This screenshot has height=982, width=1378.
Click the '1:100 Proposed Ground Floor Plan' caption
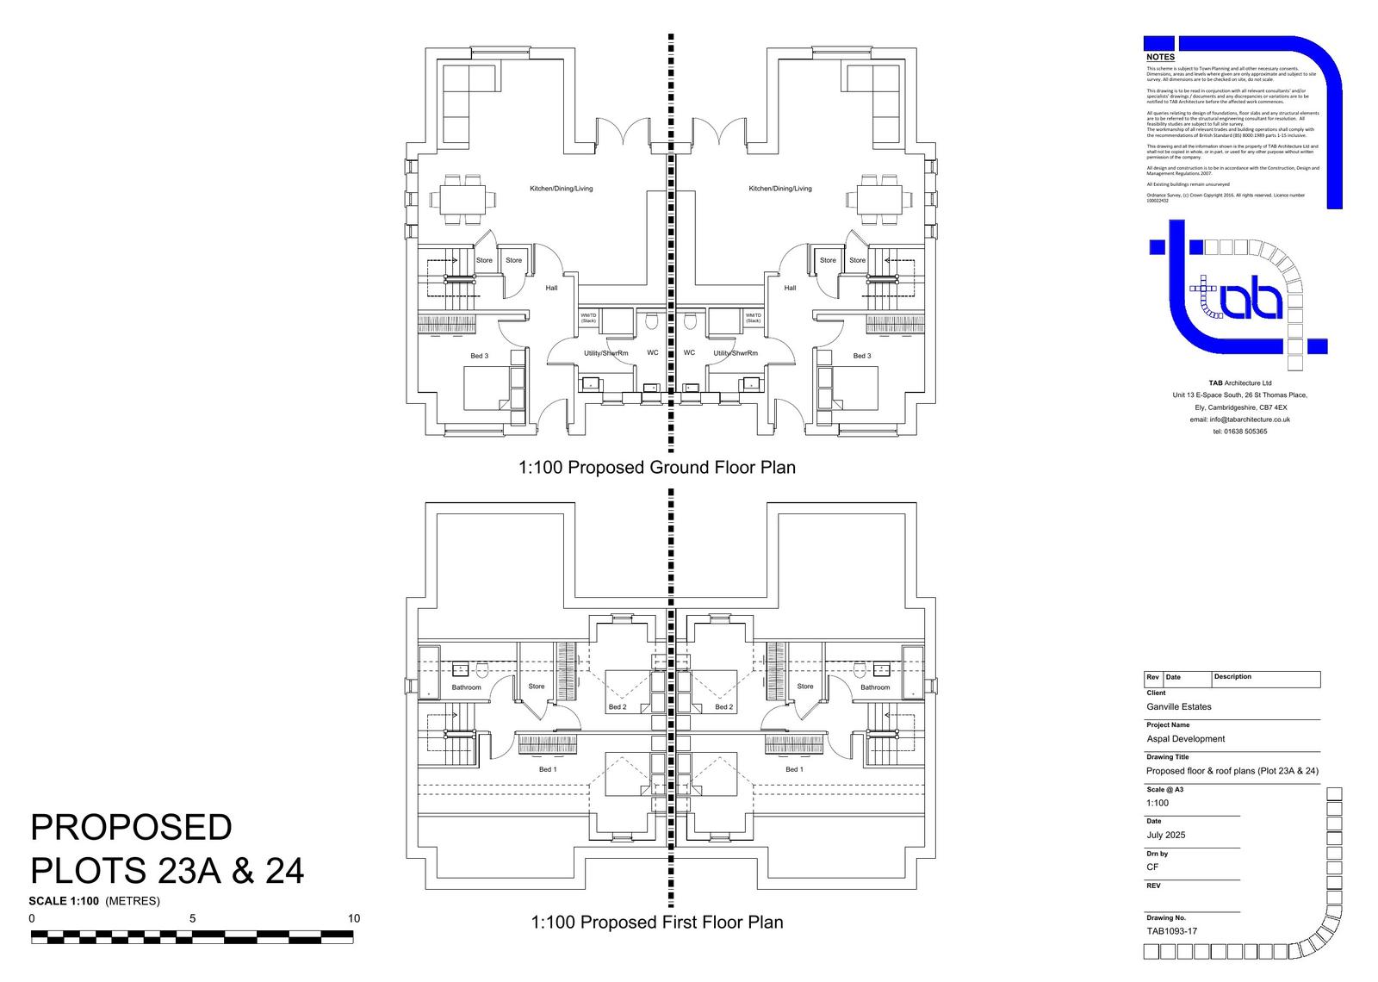tap(656, 468)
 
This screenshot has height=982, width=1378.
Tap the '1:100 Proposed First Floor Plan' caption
tap(656, 923)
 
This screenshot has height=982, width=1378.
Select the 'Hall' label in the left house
tap(551, 289)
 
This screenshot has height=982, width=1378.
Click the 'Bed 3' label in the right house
tap(861, 356)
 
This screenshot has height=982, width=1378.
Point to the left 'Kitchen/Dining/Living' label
tap(561, 189)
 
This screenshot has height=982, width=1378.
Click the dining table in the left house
tap(462, 199)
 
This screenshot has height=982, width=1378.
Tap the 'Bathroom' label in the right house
tap(875, 687)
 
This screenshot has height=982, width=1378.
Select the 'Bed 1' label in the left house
tap(548, 769)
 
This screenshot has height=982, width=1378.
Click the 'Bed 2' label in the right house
tap(724, 707)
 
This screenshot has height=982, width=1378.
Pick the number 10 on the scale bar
tap(354, 919)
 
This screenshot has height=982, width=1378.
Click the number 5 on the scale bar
tap(193, 919)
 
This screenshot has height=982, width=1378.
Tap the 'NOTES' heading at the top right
tap(1160, 57)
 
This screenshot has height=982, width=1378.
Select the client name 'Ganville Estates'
tap(1178, 706)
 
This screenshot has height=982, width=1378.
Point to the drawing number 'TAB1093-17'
tap(1171, 931)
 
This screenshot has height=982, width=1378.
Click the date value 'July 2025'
tap(1165, 835)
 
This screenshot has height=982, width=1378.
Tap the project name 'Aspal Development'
tap(1185, 738)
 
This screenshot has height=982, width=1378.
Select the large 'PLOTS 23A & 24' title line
tap(167, 871)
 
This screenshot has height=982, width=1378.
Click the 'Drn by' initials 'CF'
tap(1152, 867)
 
